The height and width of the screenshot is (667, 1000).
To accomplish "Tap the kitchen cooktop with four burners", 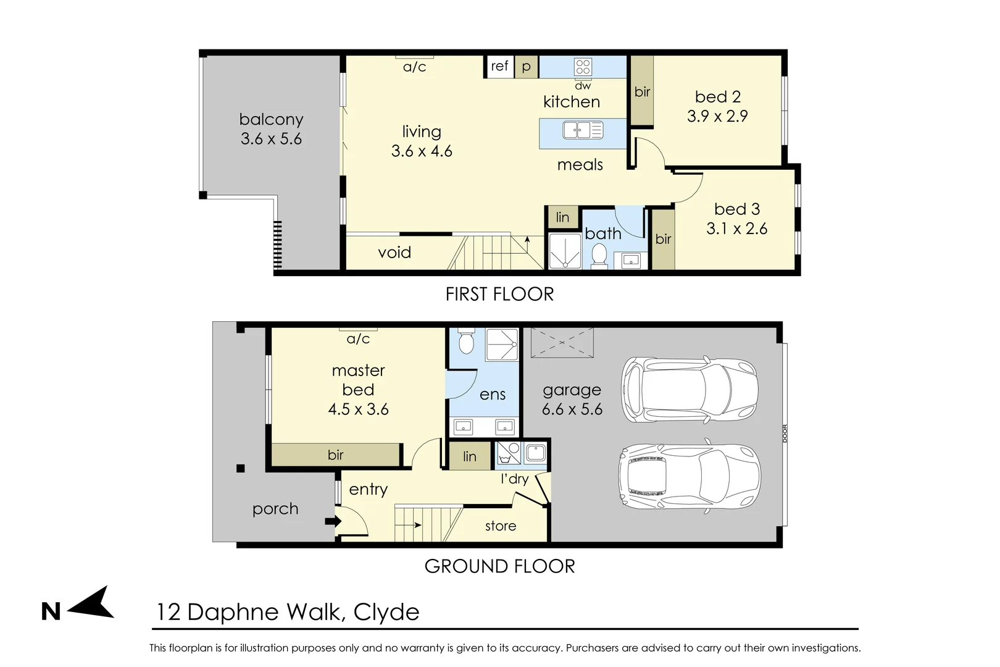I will [x=583, y=67].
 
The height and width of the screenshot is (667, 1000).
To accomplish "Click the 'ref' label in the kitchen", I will [x=499, y=66].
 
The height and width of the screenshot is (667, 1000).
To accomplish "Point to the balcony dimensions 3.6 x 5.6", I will [x=271, y=139].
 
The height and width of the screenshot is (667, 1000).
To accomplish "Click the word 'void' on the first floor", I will [x=394, y=253].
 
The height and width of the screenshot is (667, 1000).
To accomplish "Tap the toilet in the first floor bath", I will [x=599, y=256].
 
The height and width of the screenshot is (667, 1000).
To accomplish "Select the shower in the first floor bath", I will [x=565, y=251].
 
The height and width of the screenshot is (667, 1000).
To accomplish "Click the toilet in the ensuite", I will [x=466, y=342].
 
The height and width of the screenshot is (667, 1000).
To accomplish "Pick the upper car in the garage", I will [x=690, y=390].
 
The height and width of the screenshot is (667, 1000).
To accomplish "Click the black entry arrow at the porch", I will [x=332, y=522].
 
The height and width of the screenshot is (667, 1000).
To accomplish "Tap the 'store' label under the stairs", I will [x=500, y=526].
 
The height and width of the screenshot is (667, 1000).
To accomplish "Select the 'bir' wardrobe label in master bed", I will [x=335, y=455].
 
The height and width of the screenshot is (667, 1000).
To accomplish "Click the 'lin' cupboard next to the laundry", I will [x=470, y=456].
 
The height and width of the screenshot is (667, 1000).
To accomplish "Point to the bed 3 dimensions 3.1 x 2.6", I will [x=736, y=229].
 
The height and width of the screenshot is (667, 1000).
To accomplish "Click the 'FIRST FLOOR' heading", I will [x=499, y=294].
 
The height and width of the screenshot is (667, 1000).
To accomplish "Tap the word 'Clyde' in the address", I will [x=386, y=612].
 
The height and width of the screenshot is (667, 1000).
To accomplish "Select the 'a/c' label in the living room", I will [x=414, y=67].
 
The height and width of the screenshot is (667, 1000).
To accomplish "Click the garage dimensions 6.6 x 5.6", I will [x=572, y=409].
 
